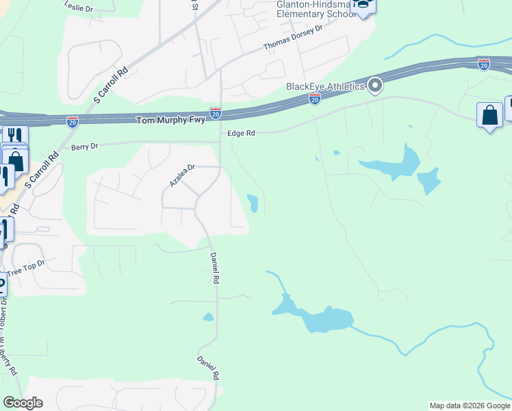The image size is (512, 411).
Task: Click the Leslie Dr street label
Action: point(78,5)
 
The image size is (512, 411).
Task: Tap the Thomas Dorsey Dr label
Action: point(292,39)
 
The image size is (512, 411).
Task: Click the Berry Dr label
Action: point(85,147)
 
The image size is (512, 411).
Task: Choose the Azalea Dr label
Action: point(183,175)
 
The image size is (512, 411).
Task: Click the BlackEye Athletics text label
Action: point(325,86)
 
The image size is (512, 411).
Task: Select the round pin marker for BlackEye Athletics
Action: point(375,86)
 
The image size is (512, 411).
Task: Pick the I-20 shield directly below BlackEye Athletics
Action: point(315,100)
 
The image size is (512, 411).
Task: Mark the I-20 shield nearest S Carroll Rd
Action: point(73,121)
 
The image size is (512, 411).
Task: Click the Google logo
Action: point(23,403)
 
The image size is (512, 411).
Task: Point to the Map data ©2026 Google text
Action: point(470,406)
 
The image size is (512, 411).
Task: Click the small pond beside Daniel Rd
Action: point(208,317)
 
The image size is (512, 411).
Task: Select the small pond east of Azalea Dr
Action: point(253,203)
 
